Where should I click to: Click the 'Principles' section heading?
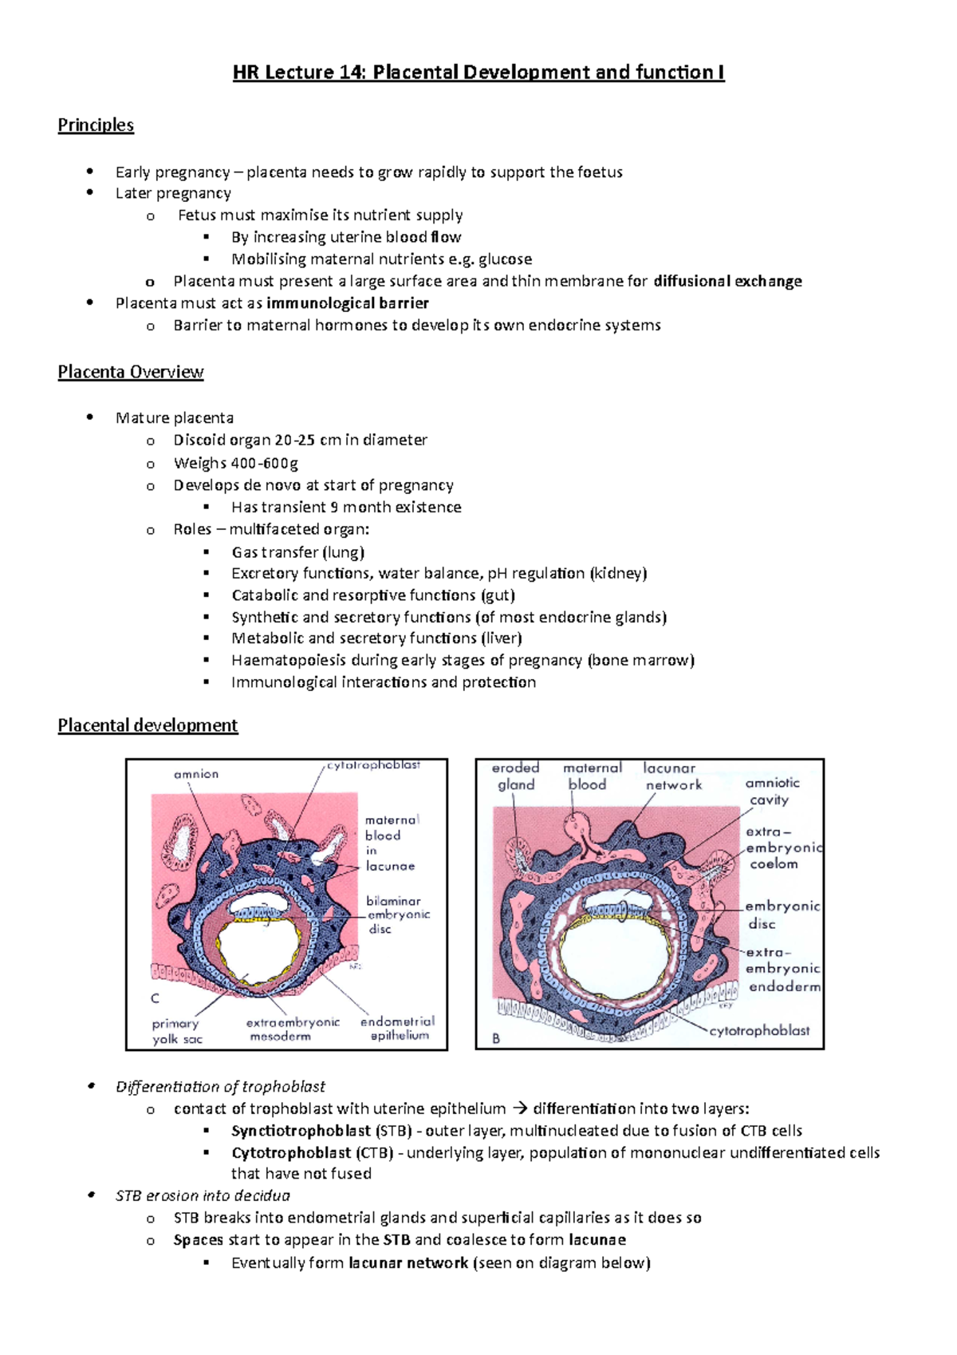coord(96,125)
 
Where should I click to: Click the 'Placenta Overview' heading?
coord(131,373)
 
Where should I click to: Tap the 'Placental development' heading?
coord(148,725)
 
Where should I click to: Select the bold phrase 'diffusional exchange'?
coord(727,281)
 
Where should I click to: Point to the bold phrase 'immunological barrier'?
coord(348,303)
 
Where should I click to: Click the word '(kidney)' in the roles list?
coord(618,573)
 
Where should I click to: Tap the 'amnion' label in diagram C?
coord(196,774)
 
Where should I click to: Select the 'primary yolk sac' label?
coord(176,1031)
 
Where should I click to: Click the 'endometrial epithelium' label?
coord(398,1029)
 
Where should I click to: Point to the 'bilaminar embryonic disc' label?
coord(397,915)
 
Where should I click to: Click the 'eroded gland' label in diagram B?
coord(515,776)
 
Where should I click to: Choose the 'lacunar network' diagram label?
coord(671,776)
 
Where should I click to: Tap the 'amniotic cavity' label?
coord(771,791)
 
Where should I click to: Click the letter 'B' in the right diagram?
coord(496,1039)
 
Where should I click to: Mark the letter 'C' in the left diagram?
coord(155,998)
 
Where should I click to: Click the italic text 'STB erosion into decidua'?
coord(203,1195)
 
